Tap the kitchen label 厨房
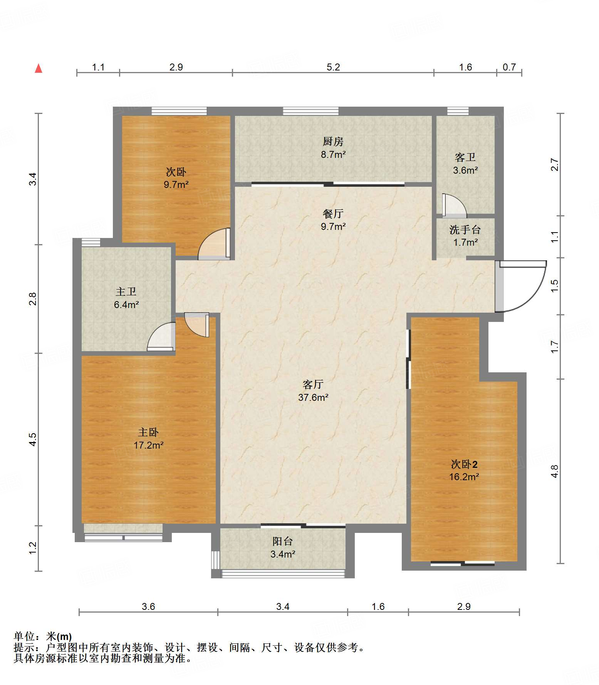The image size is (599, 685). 333,142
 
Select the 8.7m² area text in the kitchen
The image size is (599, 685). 333,155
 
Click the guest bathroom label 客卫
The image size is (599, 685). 465,157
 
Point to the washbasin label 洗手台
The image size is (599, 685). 465,230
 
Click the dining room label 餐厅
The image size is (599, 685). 333,213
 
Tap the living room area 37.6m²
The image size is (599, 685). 313,397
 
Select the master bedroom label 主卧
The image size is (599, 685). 148,432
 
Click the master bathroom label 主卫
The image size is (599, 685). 126,291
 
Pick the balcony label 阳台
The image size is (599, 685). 283,541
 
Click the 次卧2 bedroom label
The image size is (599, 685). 464,464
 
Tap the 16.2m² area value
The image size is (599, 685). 464,477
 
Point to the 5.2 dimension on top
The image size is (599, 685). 333,67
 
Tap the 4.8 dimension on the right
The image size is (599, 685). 554,471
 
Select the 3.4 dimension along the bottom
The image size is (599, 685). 283,606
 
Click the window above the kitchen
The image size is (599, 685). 311,111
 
